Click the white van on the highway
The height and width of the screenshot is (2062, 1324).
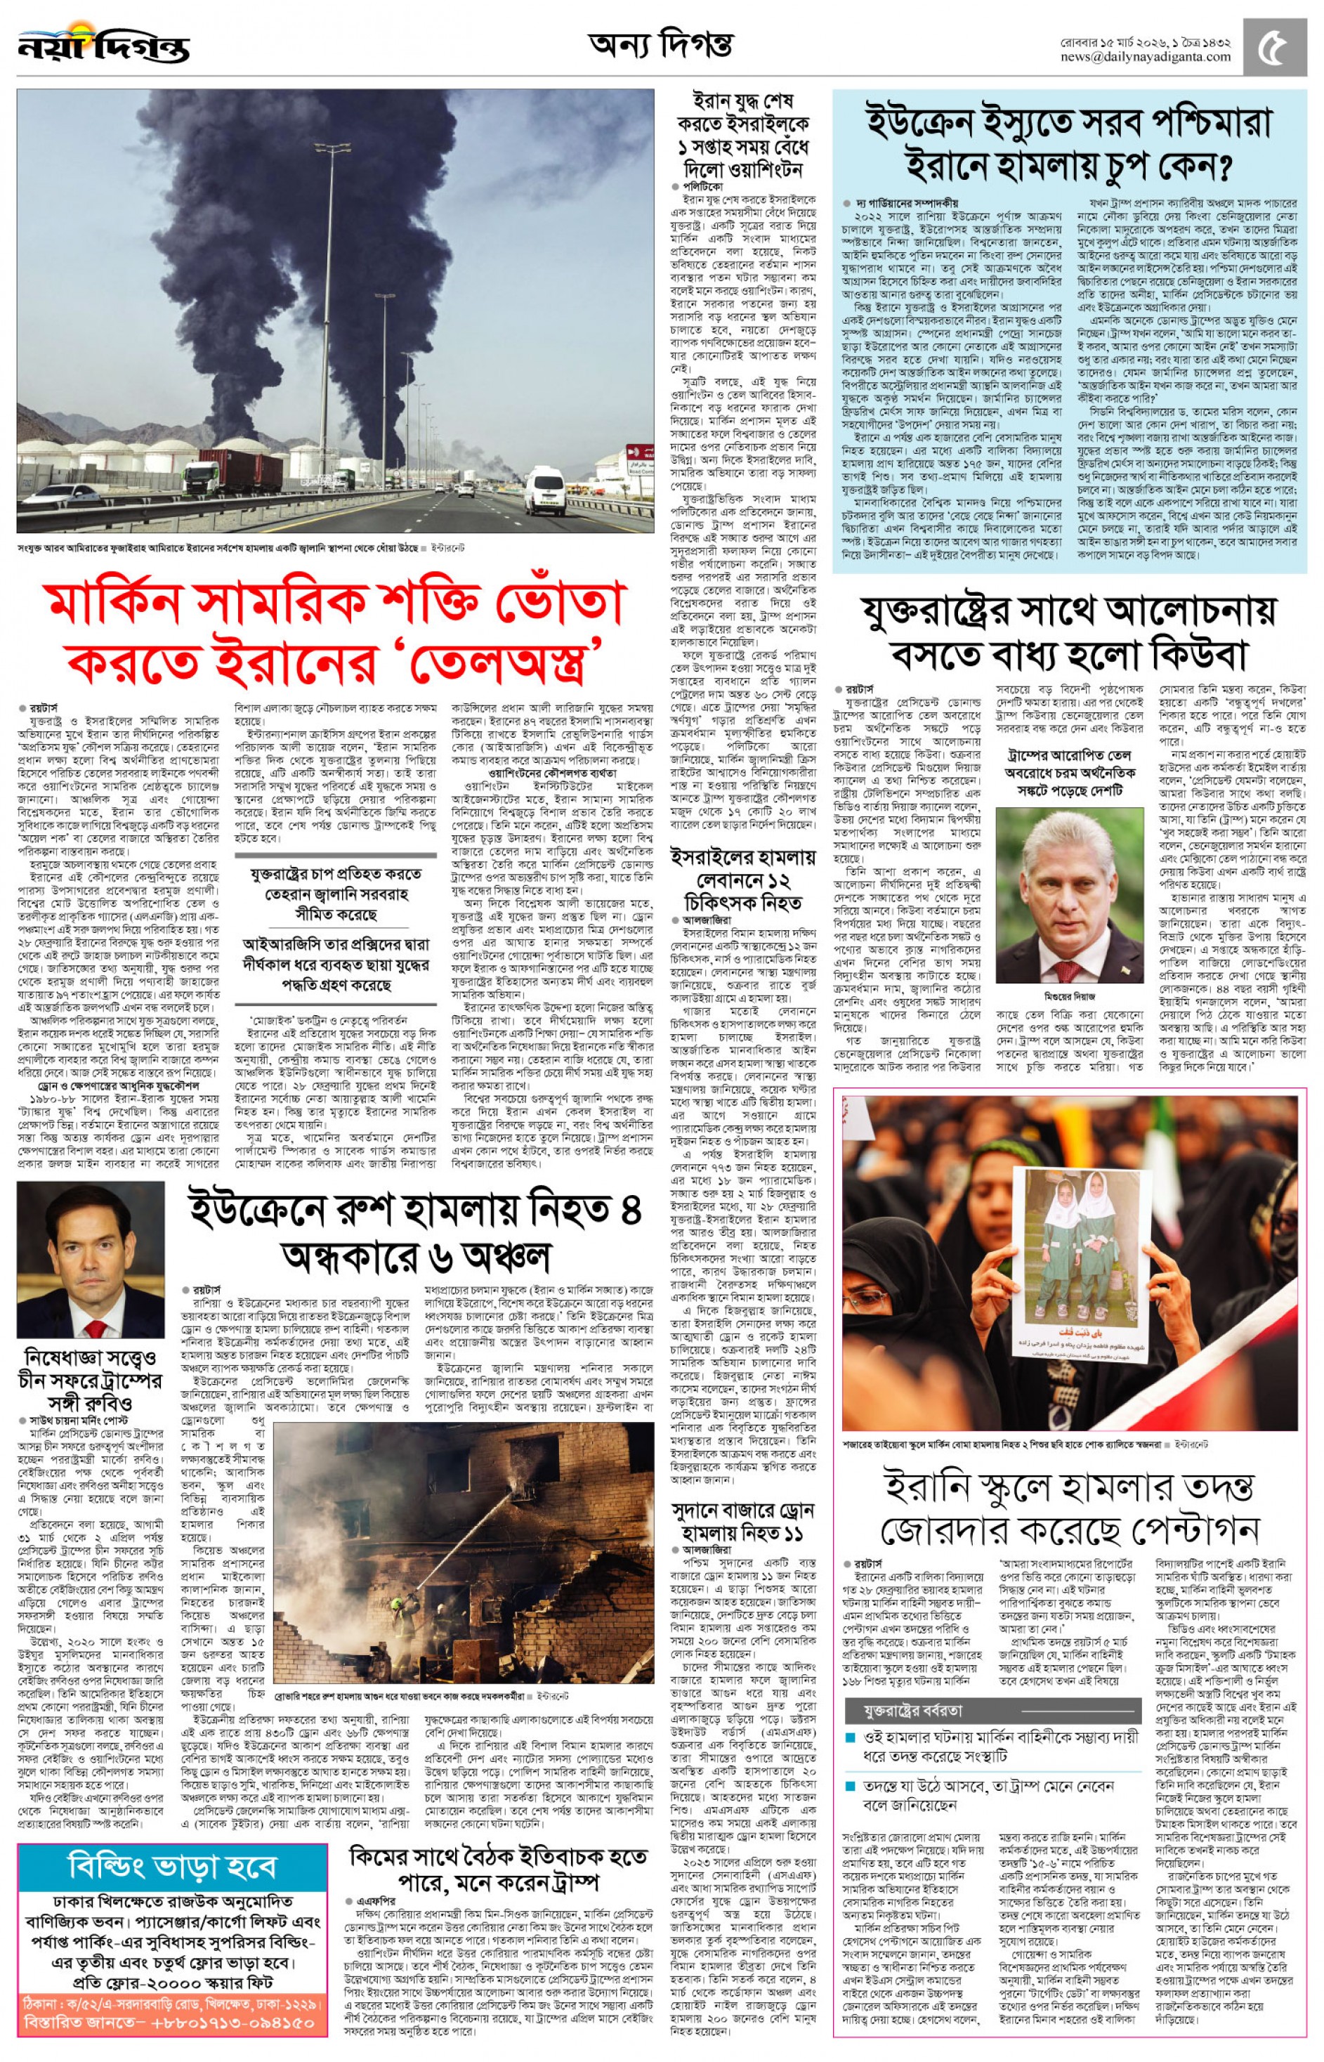tap(544, 492)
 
